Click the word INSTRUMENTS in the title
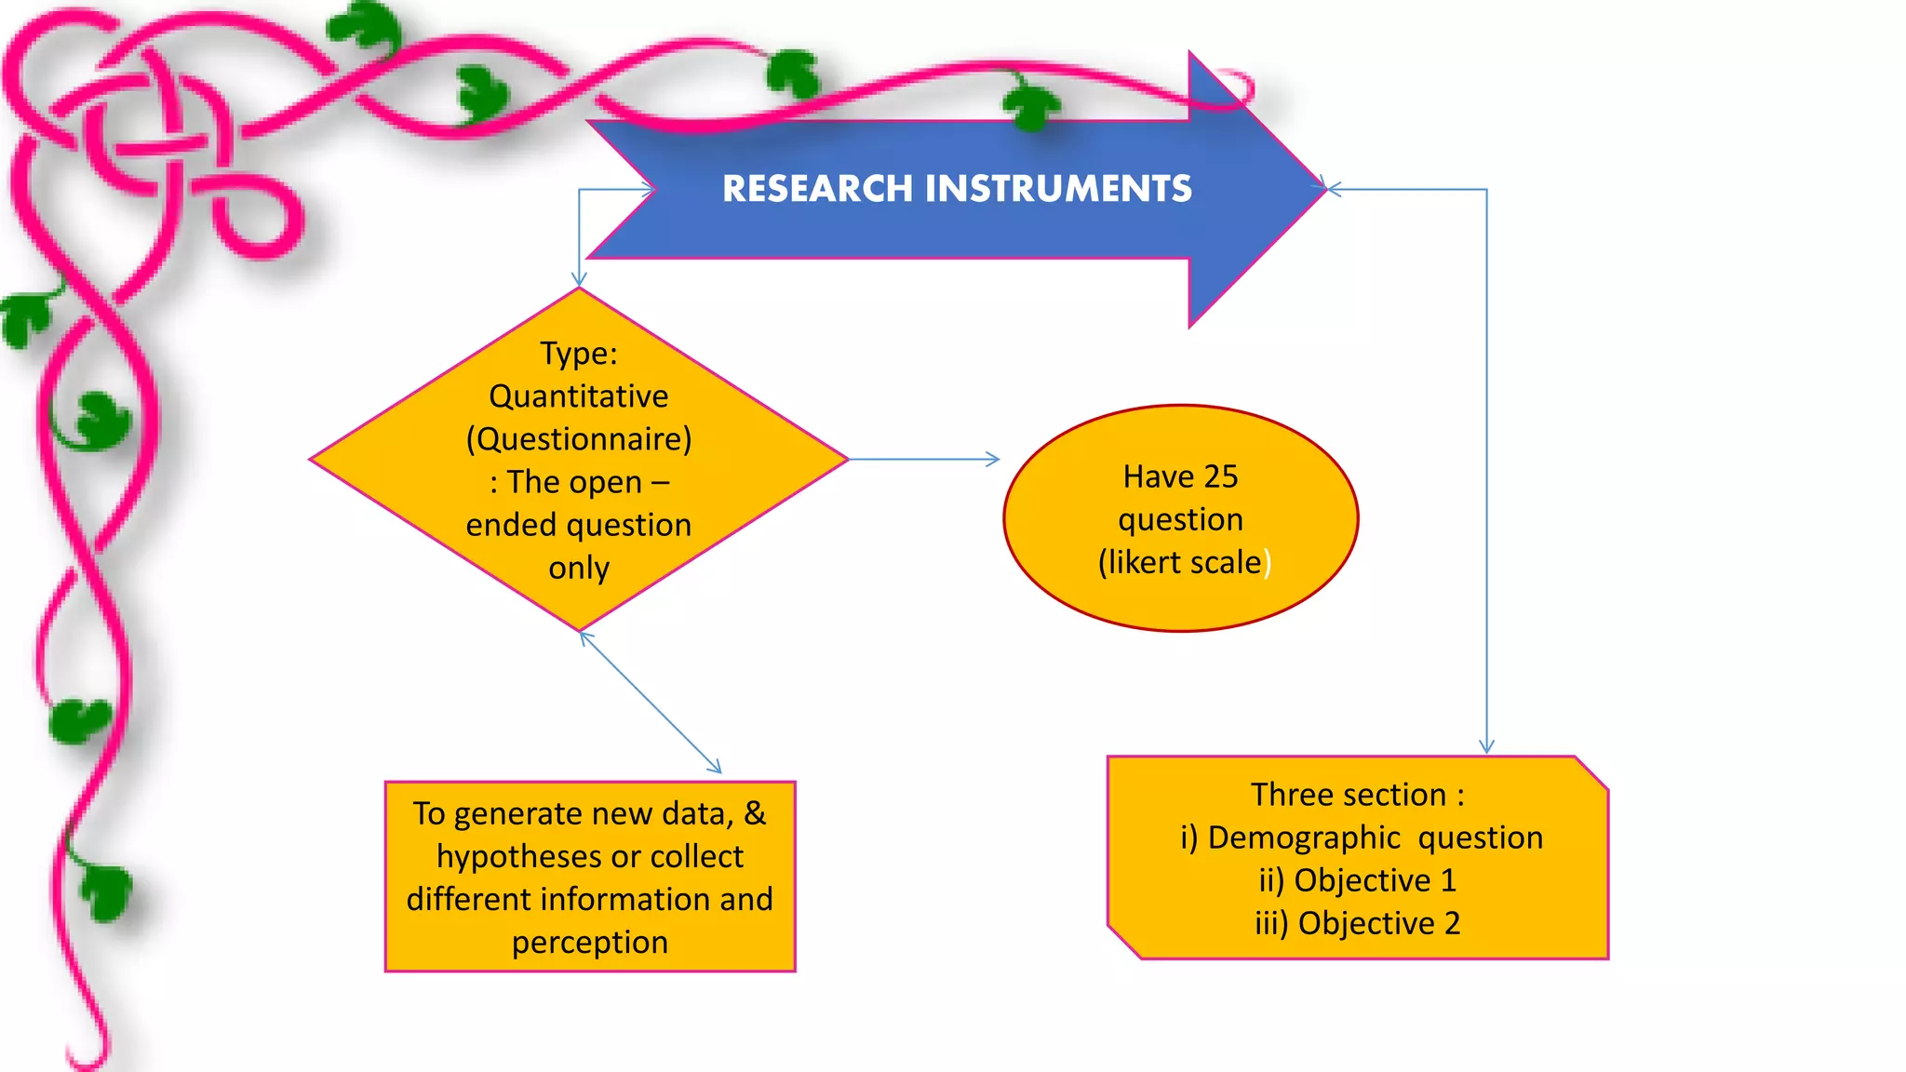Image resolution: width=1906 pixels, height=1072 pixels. click(1058, 189)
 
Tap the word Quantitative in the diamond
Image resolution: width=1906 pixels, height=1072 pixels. click(578, 396)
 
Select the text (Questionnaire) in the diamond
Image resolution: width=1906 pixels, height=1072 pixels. click(578, 439)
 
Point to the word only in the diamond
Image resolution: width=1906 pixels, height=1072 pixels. click(578, 568)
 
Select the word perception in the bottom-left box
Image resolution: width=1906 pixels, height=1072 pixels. click(589, 943)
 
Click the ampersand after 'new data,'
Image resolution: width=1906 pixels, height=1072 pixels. click(755, 813)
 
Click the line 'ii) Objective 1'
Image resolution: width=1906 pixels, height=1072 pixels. click(1357, 880)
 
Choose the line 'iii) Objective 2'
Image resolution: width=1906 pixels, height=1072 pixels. click(1357, 923)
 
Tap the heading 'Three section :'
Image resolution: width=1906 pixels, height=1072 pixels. click(1357, 795)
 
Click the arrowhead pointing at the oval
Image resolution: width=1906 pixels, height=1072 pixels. click(993, 459)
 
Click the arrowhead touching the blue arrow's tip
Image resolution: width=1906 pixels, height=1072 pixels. click(1334, 189)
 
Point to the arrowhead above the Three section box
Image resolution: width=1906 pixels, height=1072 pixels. click(1486, 746)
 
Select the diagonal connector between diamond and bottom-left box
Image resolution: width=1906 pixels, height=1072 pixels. click(650, 703)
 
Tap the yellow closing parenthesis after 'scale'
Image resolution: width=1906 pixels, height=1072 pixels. click(1268, 563)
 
